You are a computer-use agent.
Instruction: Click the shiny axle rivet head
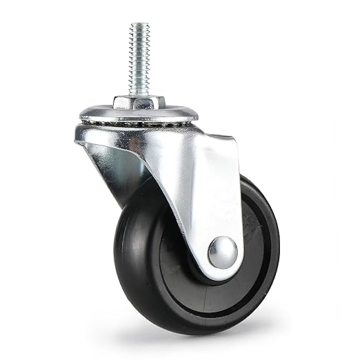tap(222, 252)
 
